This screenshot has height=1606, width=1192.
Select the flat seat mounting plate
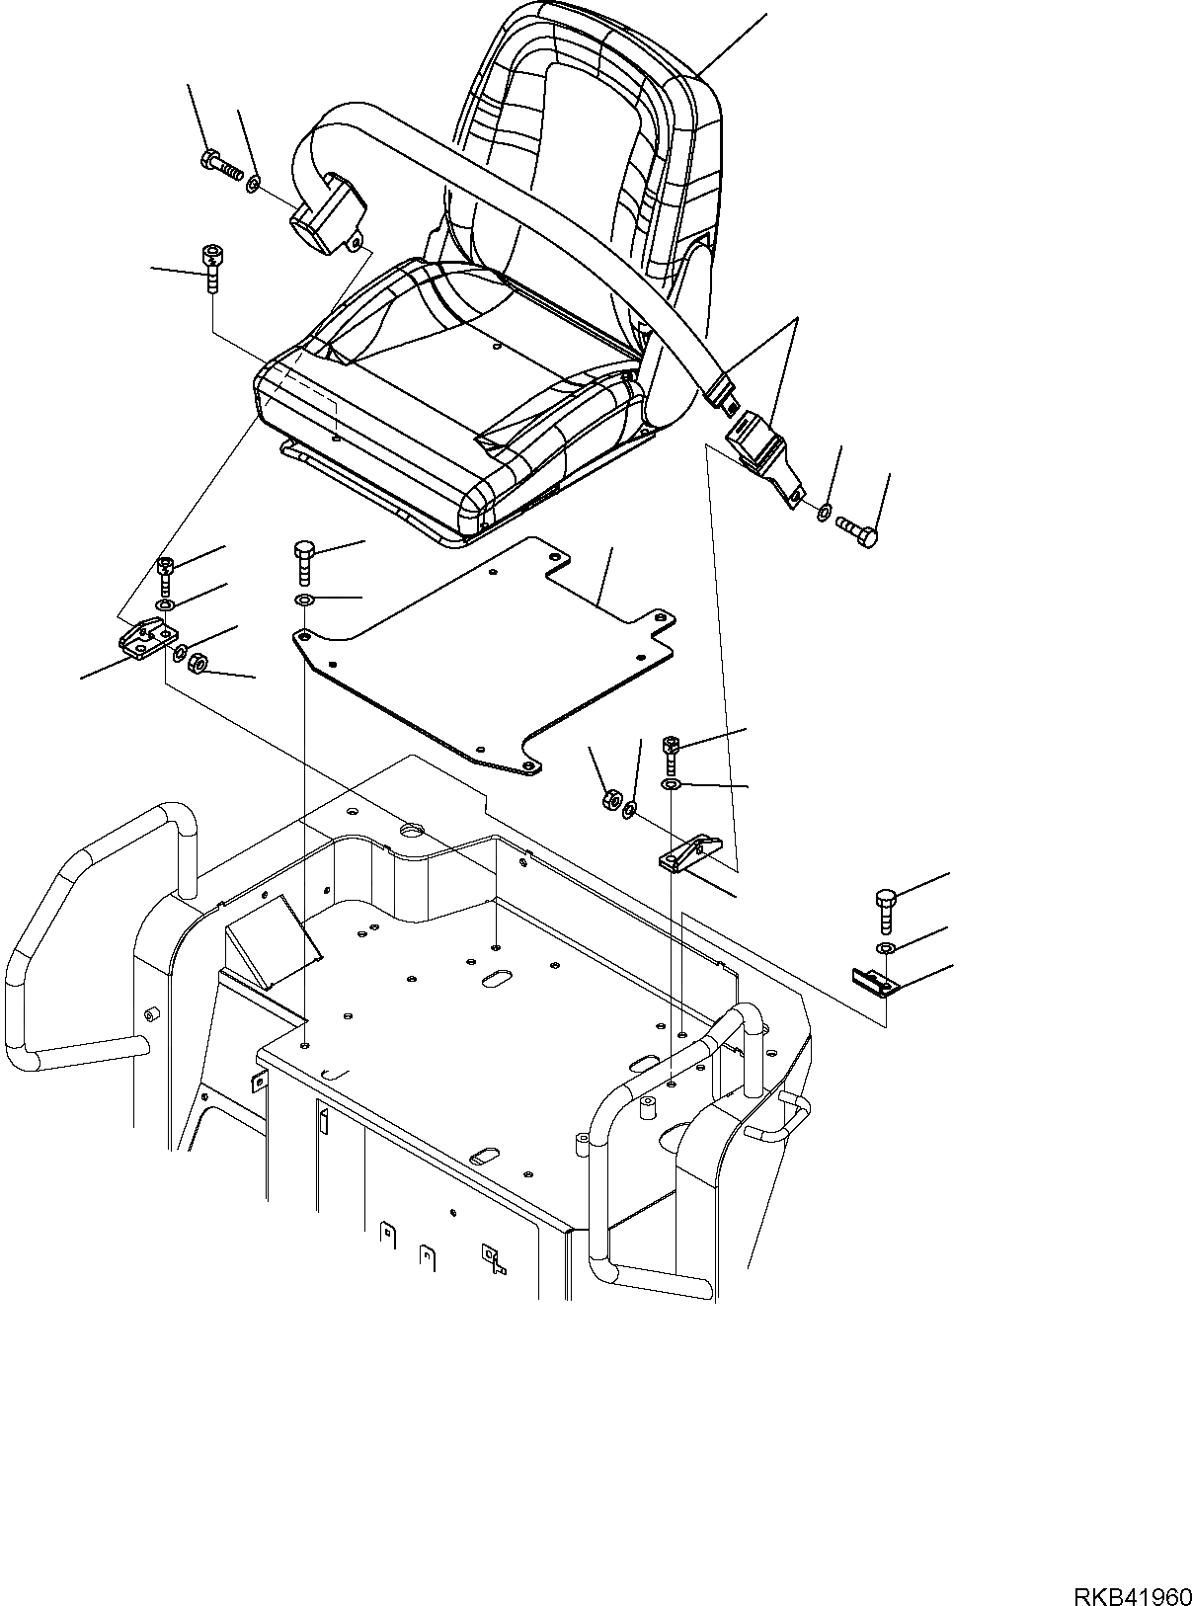point(484,662)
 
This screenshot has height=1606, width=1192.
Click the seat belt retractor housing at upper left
point(326,211)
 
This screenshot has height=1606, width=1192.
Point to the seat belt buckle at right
point(756,440)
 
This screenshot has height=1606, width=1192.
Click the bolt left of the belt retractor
point(221,166)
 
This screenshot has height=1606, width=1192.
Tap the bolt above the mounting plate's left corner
point(305,560)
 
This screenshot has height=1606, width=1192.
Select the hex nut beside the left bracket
point(197,662)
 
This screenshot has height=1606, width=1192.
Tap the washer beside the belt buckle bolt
point(824,512)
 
